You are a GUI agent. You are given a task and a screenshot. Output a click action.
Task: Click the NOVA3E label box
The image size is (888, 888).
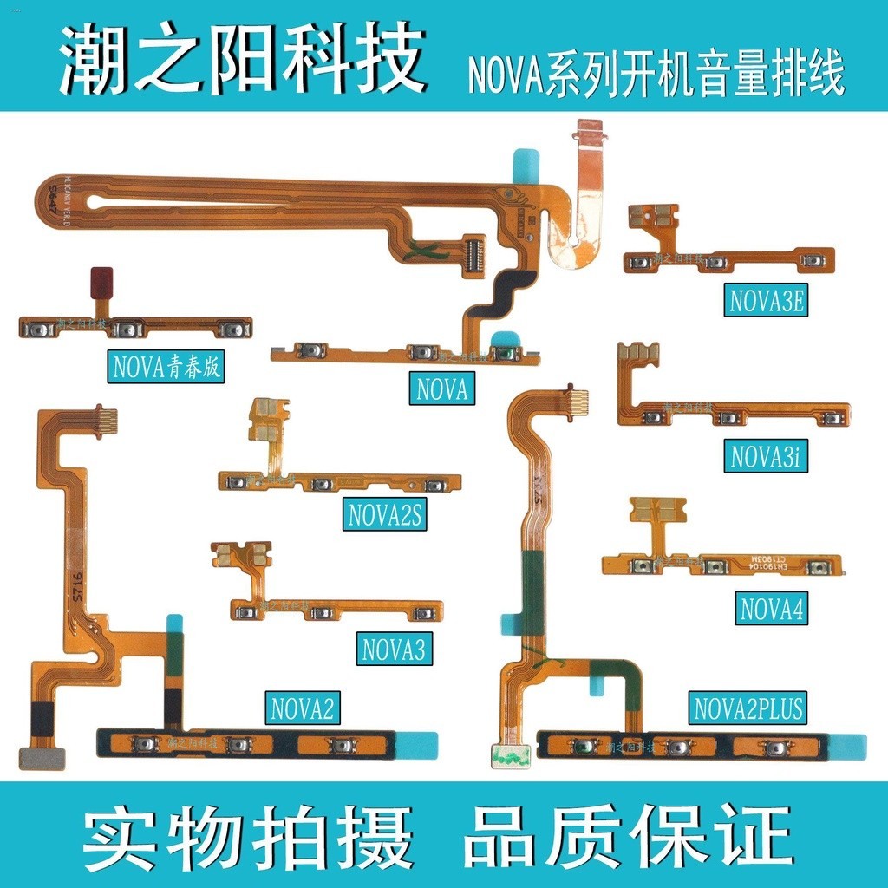[x=767, y=302]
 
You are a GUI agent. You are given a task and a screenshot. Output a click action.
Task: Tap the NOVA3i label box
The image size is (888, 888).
[x=766, y=456]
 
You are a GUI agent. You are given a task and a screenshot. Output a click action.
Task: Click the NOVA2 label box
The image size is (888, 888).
[x=302, y=708]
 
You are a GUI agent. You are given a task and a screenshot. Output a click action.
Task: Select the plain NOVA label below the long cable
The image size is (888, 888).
[x=442, y=389]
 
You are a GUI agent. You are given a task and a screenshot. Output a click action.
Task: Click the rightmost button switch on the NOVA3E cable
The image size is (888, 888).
[x=811, y=260]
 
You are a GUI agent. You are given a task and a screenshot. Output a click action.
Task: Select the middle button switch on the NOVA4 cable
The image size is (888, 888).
[x=715, y=567]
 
